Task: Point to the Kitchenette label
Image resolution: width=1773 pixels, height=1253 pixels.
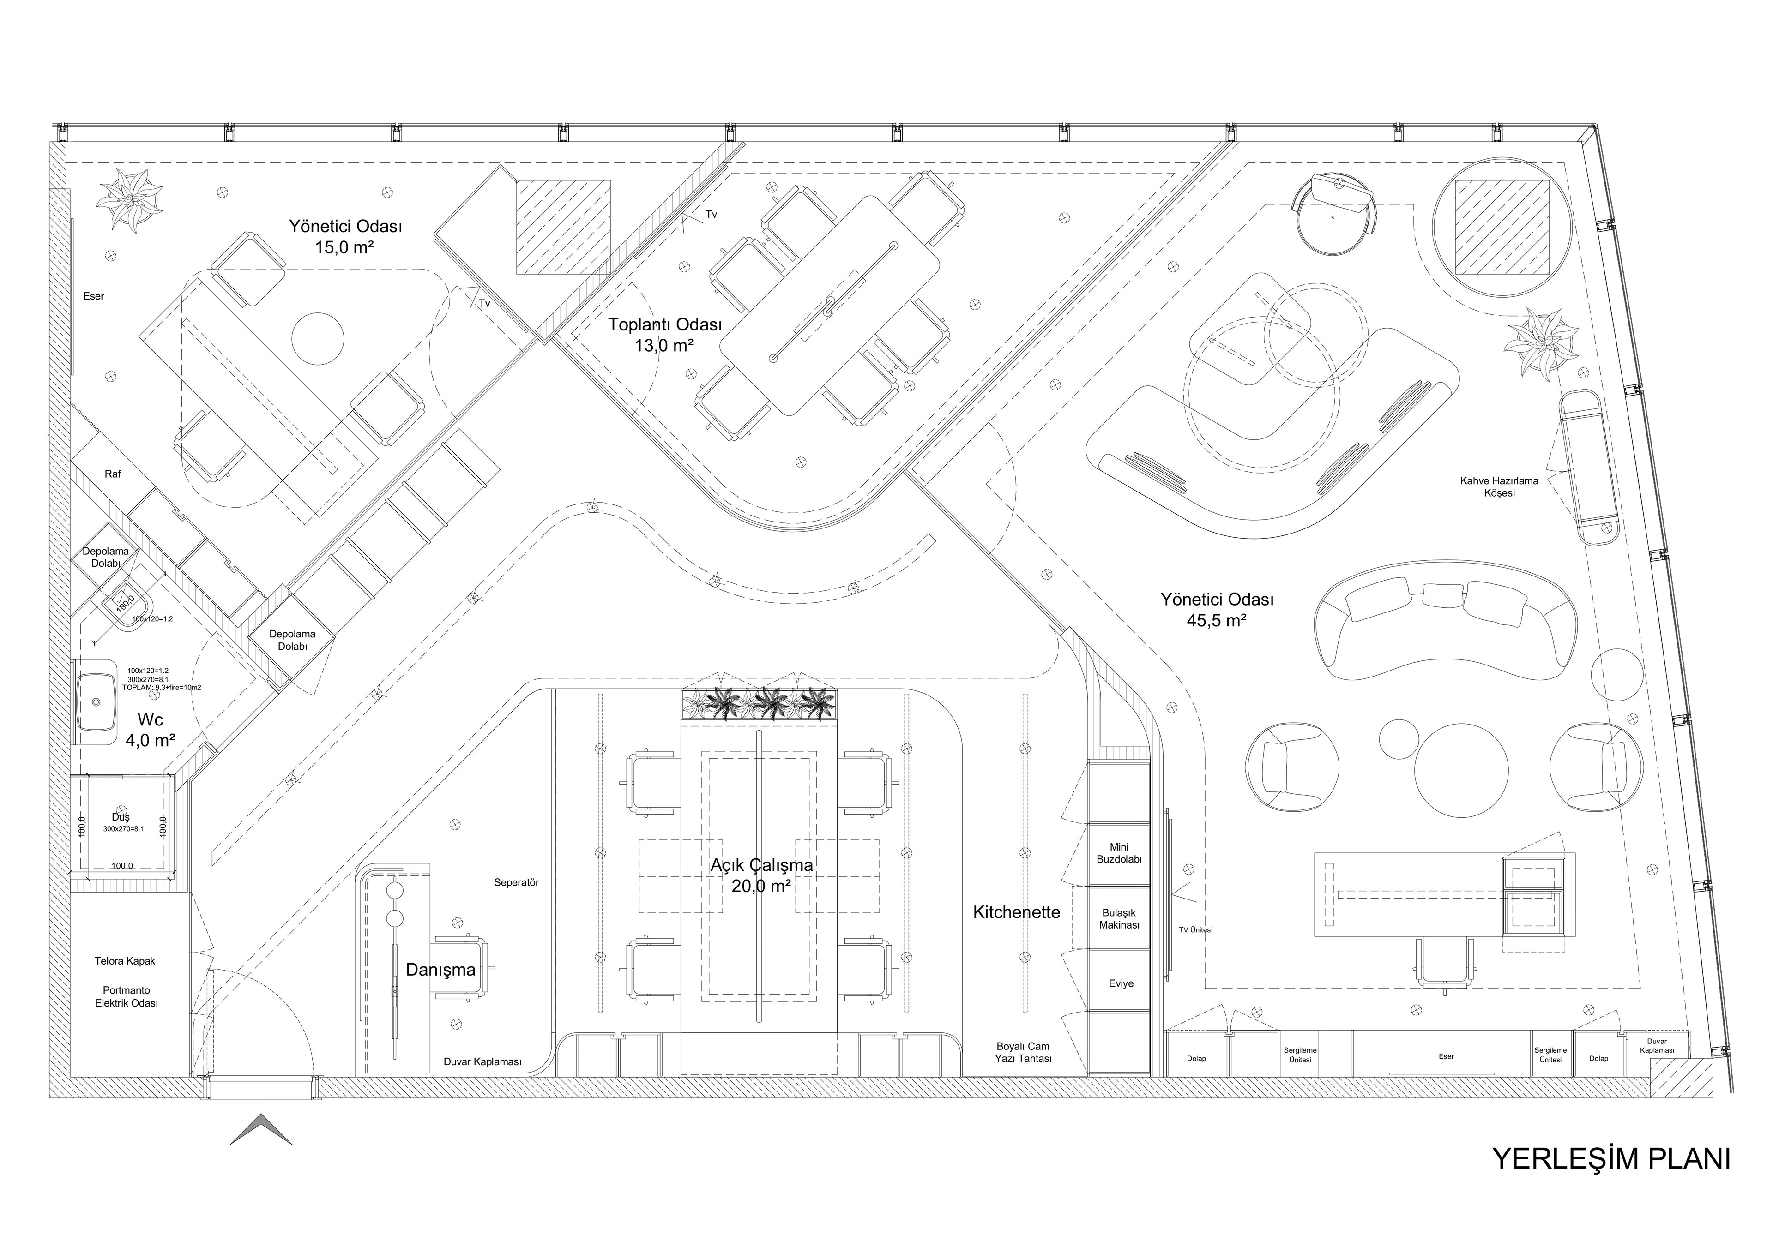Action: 1016,912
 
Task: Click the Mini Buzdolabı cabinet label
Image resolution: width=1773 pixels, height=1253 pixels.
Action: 1119,853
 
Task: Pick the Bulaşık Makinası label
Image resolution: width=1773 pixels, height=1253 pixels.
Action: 1119,919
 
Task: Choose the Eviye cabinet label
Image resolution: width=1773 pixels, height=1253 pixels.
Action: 1121,983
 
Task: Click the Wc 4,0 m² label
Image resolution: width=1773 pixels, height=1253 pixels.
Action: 150,730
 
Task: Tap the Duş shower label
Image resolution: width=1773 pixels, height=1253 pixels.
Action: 121,817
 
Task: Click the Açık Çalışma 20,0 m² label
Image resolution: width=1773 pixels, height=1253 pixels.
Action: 761,875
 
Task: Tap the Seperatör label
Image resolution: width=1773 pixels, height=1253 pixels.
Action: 516,882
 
